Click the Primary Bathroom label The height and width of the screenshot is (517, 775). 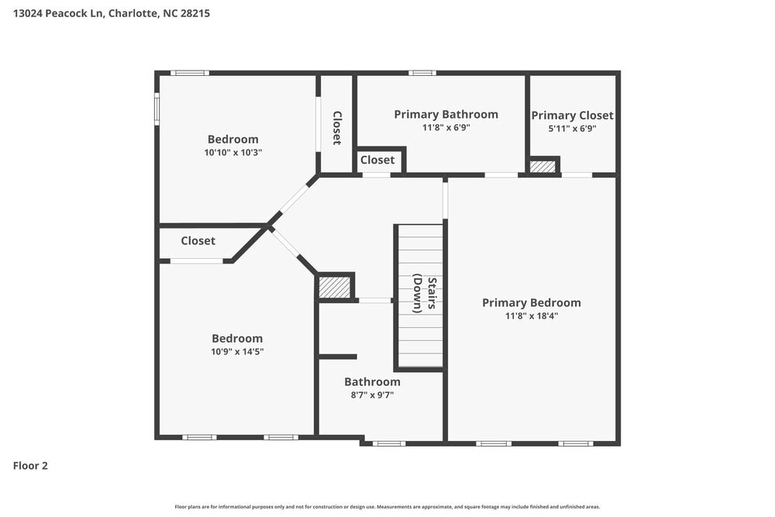(446, 114)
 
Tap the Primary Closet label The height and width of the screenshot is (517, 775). (572, 115)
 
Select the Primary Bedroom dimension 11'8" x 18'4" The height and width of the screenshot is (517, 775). (531, 315)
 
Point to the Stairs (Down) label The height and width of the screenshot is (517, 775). (425, 294)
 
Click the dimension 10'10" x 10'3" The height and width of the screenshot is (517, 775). (232, 153)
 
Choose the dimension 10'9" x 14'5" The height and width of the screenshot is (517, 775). (236, 351)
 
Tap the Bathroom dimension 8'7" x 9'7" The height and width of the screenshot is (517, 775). (372, 395)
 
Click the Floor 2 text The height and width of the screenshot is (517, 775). (30, 466)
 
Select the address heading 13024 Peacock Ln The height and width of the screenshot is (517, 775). (111, 13)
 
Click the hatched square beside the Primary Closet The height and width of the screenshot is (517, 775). (542, 166)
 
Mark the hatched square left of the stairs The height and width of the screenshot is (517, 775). (335, 287)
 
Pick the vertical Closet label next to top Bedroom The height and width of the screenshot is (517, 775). (336, 128)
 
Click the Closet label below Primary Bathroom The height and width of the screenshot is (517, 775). (377, 160)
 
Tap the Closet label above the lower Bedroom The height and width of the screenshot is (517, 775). (198, 241)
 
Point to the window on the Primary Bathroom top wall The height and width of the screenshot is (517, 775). (422, 73)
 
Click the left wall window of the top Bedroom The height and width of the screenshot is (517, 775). (157, 109)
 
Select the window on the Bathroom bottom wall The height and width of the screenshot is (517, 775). (388, 443)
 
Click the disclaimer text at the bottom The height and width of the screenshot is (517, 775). (387, 507)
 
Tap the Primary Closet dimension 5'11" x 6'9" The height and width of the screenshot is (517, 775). (572, 128)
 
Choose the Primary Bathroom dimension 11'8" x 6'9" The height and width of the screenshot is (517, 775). (446, 127)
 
